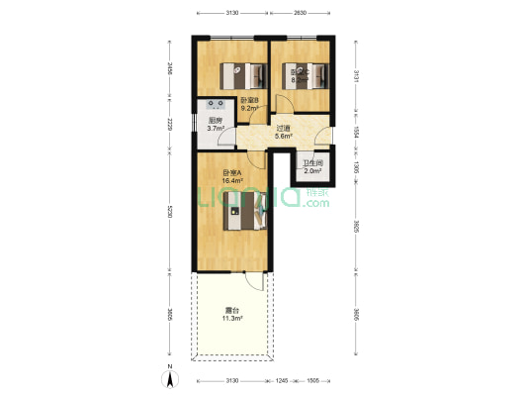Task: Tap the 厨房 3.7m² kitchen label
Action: pyautogui.click(x=216, y=124)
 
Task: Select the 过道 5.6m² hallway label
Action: pyautogui.click(x=283, y=132)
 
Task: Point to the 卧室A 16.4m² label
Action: pyautogui.click(x=233, y=178)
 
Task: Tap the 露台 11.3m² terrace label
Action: pyautogui.click(x=230, y=316)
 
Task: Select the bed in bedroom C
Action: pyautogui.click(x=305, y=74)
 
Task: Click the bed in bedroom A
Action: pyautogui.click(x=243, y=212)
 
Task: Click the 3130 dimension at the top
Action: pyautogui.click(x=232, y=13)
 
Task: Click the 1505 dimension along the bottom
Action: pyautogui.click(x=312, y=379)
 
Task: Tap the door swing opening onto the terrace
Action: pyautogui.click(x=256, y=280)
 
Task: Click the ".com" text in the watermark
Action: pyautogui.click(x=316, y=203)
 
